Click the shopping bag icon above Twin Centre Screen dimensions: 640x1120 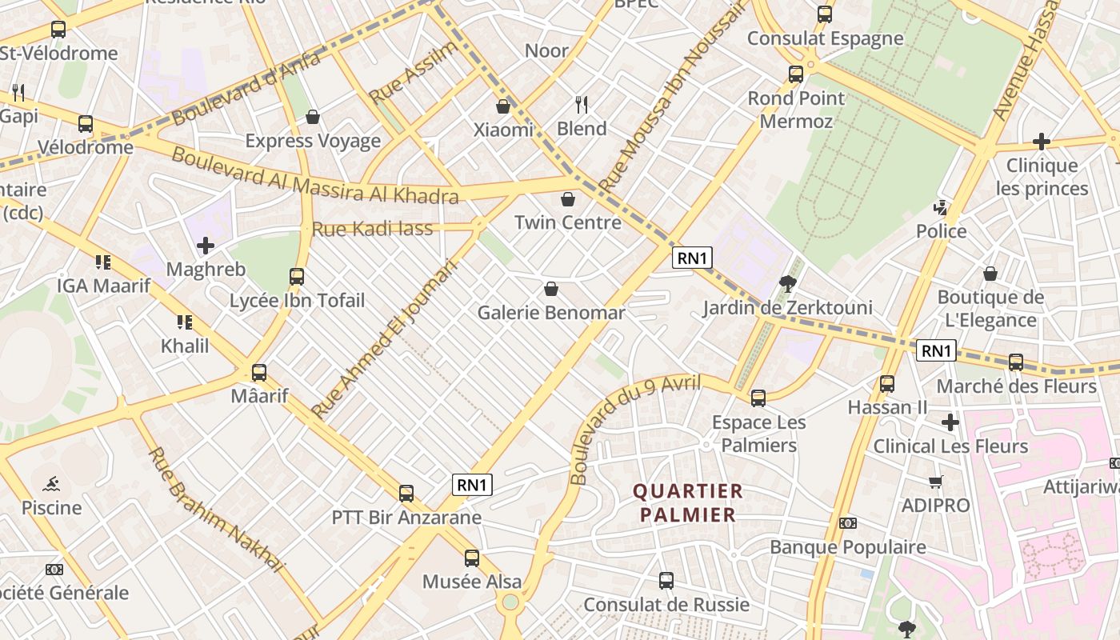pos(568,198)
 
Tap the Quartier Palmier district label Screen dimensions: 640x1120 pos(688,502)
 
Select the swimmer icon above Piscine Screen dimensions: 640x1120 pos(51,483)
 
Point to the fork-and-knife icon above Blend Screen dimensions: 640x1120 pos(582,104)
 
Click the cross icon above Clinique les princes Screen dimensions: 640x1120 pos(1041,142)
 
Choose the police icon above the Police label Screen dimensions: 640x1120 pos(941,208)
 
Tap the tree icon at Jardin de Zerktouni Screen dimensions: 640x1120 pos(787,283)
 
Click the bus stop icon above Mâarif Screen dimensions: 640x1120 pos(258,372)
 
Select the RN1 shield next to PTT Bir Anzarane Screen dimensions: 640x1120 pos(472,485)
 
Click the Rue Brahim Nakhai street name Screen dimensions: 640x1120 pos(216,510)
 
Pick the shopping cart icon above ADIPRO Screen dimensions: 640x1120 pos(935,481)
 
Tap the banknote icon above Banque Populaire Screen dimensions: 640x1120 pos(848,523)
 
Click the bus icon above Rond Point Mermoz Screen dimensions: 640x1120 pos(795,74)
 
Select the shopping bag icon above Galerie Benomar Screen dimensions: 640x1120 pos(550,288)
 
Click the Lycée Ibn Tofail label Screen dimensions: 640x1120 pos(297,301)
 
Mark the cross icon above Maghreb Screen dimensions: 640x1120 pos(206,245)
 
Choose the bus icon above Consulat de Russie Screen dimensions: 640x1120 pos(666,580)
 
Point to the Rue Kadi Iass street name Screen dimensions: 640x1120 pos(372,229)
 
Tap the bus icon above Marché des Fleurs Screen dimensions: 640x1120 pos(1015,362)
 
